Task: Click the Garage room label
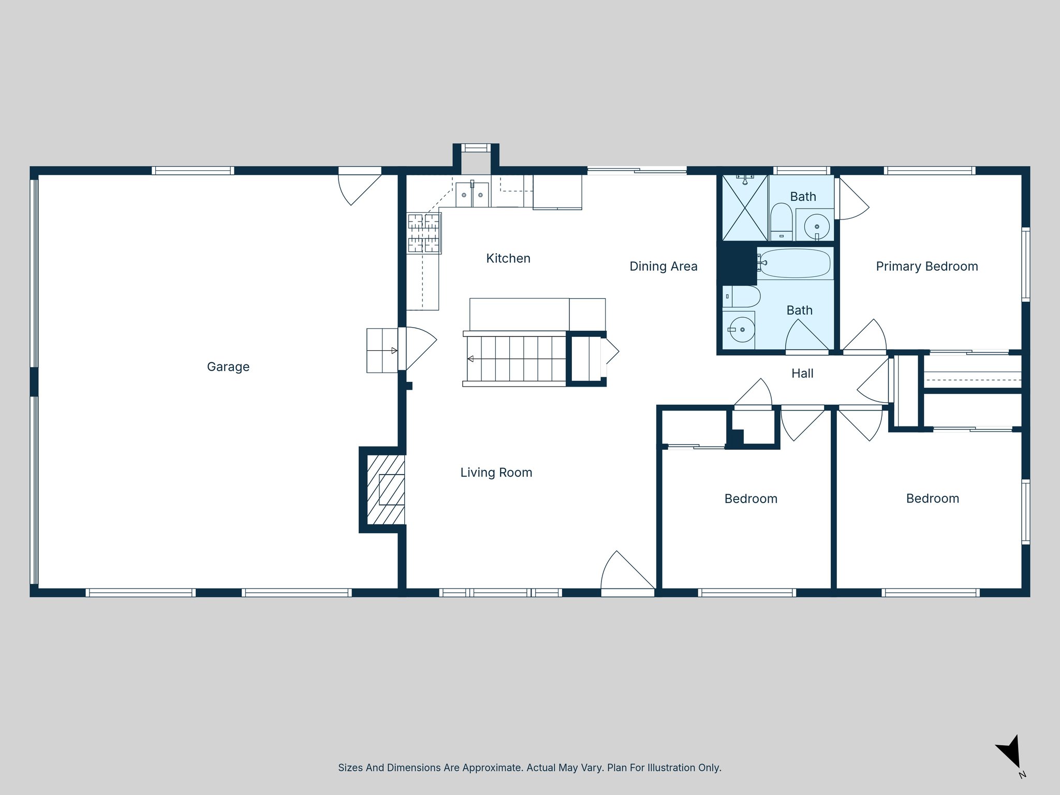click(x=228, y=367)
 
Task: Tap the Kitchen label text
click(x=508, y=258)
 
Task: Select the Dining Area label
click(x=663, y=267)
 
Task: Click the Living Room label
click(x=496, y=473)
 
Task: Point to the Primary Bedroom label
click(x=926, y=267)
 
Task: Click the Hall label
click(x=802, y=374)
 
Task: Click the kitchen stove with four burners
click(x=424, y=233)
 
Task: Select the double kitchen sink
click(x=472, y=195)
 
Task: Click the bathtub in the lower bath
click(x=795, y=263)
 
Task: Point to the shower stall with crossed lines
click(x=745, y=208)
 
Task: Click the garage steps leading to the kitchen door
click(x=382, y=350)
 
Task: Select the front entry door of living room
click(x=627, y=575)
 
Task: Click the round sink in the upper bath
click(x=817, y=226)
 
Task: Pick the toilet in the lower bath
click(x=742, y=297)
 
